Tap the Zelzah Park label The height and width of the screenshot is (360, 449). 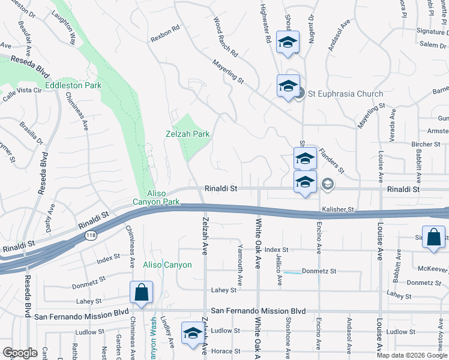187,134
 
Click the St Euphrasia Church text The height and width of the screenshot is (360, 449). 345,94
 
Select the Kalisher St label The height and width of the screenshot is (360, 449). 339,209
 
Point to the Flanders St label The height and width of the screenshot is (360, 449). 331,160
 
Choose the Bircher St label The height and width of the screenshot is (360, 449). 426,145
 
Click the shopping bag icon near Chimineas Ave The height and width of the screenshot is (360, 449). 141,292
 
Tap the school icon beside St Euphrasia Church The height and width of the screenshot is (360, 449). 288,86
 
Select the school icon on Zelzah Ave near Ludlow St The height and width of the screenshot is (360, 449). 192,334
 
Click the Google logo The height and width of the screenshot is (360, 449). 19,353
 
